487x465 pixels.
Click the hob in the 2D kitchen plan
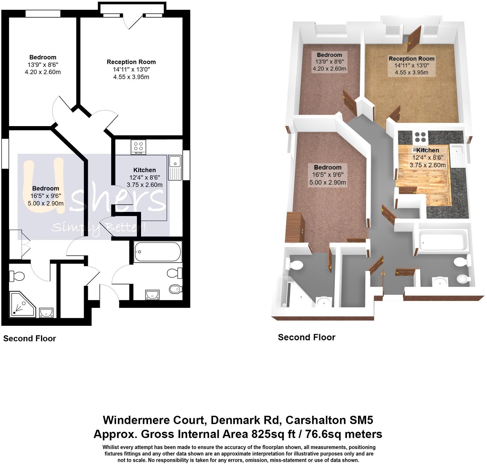point(138,147)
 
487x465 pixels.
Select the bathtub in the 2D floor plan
point(157,252)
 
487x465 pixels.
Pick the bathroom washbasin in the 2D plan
point(152,294)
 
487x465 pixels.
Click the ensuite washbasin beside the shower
point(46,312)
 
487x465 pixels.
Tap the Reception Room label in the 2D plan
point(131,62)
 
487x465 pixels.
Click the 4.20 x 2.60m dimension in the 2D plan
point(43,72)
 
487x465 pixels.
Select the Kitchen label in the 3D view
point(428,150)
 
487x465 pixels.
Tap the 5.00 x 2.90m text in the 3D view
point(328,183)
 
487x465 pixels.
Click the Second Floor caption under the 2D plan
point(30,339)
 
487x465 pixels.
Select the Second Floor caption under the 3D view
point(307,337)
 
